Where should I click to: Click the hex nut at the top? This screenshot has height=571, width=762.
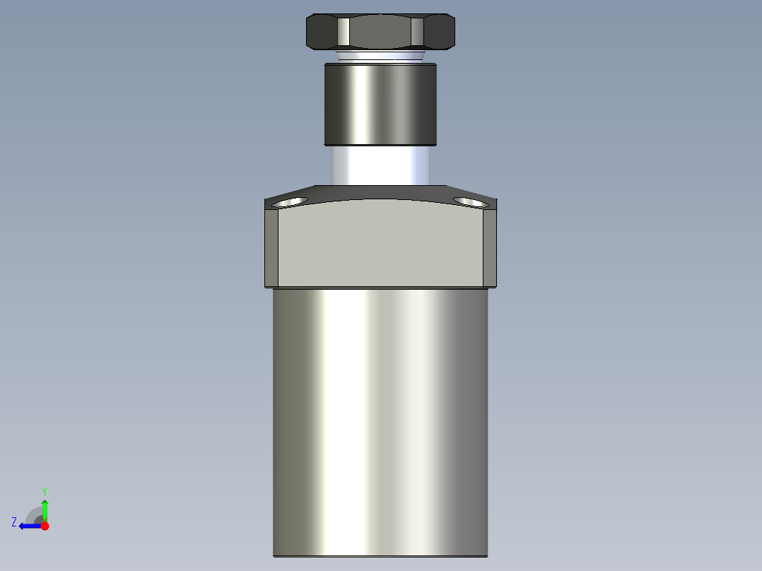click(380, 32)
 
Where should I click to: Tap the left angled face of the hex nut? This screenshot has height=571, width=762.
click(322, 33)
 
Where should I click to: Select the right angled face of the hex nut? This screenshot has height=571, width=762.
click(439, 33)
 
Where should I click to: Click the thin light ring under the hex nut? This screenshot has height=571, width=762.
click(380, 56)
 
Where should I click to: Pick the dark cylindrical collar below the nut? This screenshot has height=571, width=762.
click(380, 104)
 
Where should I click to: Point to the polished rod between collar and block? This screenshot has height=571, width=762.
click(380, 165)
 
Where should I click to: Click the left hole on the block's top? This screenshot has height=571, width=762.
click(290, 203)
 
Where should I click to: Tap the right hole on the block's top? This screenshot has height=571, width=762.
click(469, 202)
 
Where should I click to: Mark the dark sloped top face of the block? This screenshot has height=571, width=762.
click(380, 193)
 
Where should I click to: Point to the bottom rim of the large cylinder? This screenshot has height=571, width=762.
click(380, 555)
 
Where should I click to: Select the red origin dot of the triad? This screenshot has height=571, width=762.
click(45, 526)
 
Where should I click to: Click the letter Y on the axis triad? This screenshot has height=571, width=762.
click(44, 490)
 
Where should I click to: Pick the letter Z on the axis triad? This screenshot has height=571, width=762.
click(14, 522)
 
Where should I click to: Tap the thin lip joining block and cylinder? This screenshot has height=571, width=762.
click(380, 287)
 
